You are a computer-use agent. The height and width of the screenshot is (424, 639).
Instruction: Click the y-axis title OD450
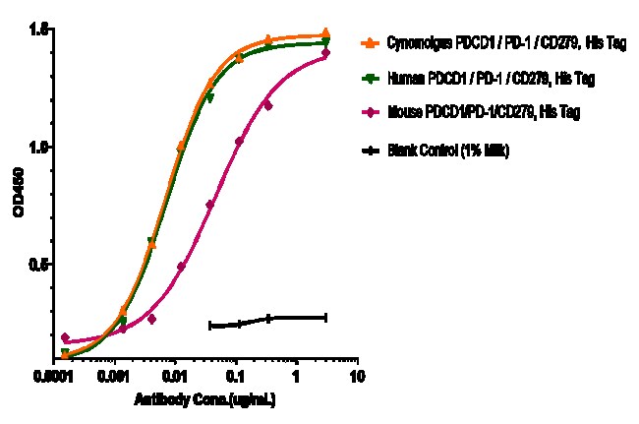[17, 206]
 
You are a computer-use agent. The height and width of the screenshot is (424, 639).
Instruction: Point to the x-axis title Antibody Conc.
[203, 402]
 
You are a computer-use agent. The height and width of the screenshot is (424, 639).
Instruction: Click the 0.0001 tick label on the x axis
[64, 377]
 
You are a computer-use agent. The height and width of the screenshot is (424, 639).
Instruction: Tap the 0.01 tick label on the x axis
[175, 377]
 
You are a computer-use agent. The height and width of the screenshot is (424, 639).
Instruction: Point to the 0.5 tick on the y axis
[38, 264]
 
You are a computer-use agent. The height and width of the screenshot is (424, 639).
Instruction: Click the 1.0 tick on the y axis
[38, 147]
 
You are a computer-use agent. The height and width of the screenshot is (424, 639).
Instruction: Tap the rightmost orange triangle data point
[325, 33]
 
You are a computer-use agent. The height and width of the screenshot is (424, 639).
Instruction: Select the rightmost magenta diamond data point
[325, 53]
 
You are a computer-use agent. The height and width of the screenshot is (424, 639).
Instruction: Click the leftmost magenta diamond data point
[66, 337]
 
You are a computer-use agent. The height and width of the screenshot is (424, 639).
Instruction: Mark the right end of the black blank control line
[325, 317]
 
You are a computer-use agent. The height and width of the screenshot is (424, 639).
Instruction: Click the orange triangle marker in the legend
[370, 44]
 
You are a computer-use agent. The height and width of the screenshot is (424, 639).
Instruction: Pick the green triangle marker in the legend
[370, 78]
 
